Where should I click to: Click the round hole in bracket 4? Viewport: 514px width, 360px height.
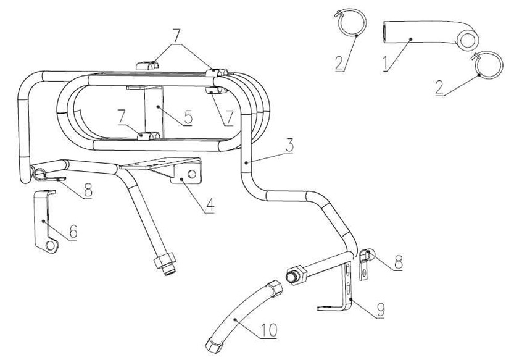tap(191, 175)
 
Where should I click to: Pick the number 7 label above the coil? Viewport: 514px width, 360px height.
tap(178, 35)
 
